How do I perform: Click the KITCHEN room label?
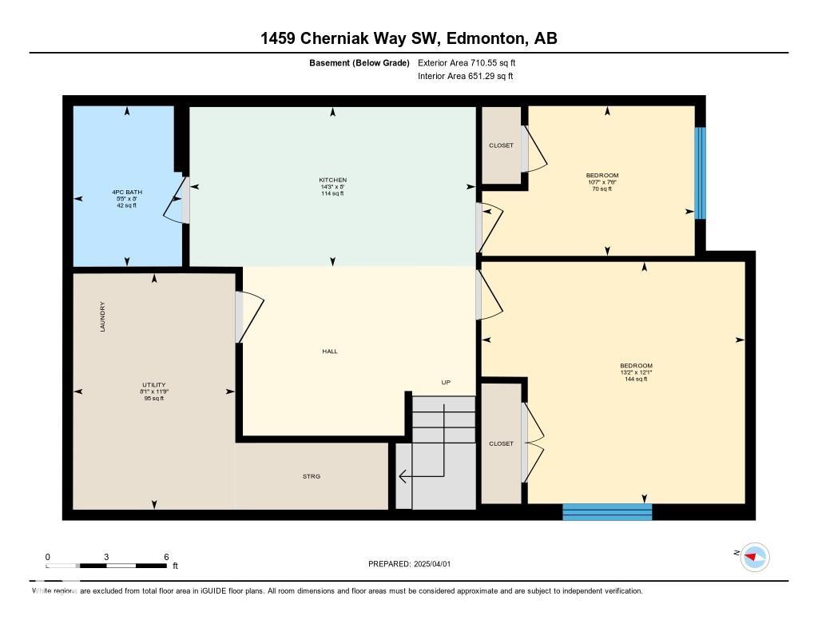tap(332, 181)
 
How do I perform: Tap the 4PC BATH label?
tap(126, 193)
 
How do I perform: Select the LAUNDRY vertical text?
tap(103, 316)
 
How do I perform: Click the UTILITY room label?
tap(153, 384)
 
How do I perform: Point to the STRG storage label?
tap(311, 476)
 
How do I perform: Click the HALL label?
tap(330, 351)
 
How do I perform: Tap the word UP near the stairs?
tap(446, 383)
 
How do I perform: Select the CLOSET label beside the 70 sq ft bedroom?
tap(501, 145)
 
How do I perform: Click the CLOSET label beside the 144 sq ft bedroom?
tap(501, 443)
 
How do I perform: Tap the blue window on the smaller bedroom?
tap(700, 173)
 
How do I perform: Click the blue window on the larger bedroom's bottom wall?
tap(607, 512)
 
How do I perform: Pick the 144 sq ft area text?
tap(636, 380)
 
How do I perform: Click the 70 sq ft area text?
tap(602, 189)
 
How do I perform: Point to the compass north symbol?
tap(753, 557)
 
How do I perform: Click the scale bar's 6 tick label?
tap(165, 557)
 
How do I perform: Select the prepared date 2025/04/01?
tap(438, 564)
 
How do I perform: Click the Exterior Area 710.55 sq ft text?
tap(472, 62)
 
